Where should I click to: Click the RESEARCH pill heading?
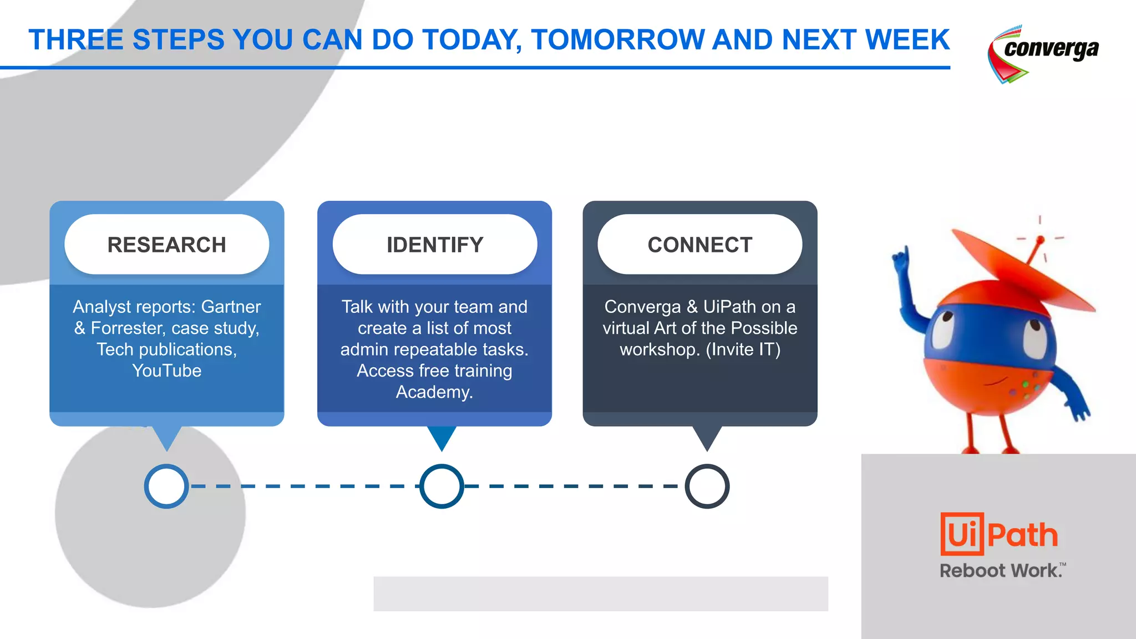(x=166, y=245)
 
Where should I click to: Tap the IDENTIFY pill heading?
(x=435, y=245)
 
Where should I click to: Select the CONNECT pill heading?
(x=700, y=245)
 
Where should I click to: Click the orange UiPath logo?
(x=999, y=534)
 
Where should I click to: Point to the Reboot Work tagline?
(x=1002, y=570)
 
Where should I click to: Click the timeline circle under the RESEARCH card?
(x=166, y=486)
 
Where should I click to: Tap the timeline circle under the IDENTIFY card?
(x=442, y=486)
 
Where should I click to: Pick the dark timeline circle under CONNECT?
(x=707, y=486)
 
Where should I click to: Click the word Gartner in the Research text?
(x=231, y=307)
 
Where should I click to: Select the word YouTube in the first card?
(x=166, y=371)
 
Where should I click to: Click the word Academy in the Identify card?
(x=433, y=392)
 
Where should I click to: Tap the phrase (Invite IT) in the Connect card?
(x=743, y=349)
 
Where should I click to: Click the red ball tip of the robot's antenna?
(x=1040, y=240)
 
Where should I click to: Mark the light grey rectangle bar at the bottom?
(x=600, y=594)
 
